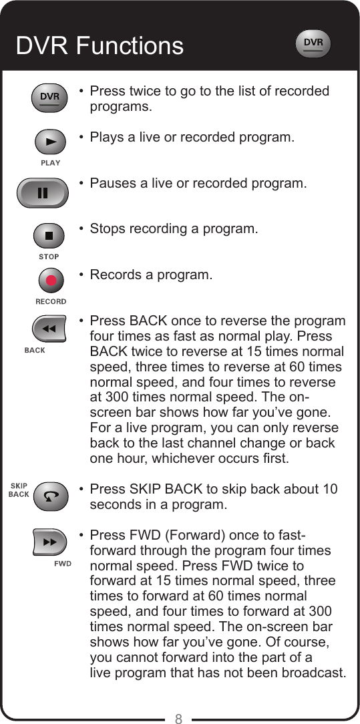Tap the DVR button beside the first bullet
tap(49, 98)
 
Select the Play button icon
tap(49, 142)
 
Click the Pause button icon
tap(43, 193)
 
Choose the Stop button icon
tap(49, 235)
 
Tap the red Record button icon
tap(51, 280)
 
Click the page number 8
tap(179, 718)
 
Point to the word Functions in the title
tap(130, 45)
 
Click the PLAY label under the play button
tap(50, 162)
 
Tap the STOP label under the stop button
tap(49, 256)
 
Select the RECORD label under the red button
tap(51, 301)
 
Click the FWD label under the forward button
tap(63, 563)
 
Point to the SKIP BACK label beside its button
tap(18, 490)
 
